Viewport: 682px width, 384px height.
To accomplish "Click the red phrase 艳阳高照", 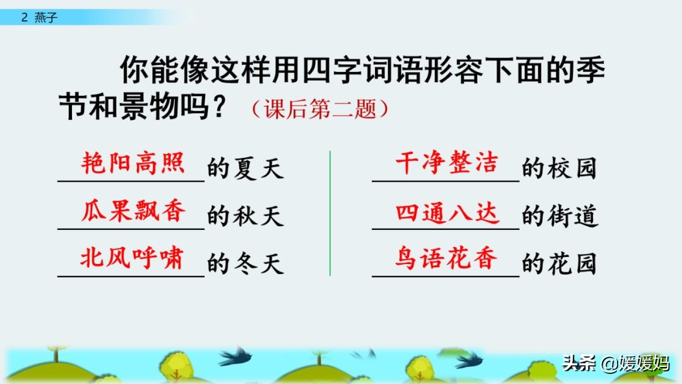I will [x=133, y=163].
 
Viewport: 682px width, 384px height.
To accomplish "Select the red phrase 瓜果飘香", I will [x=133, y=211].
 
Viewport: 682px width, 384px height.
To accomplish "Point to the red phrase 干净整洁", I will [x=446, y=163].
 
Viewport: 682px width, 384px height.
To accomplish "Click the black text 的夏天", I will [x=245, y=169].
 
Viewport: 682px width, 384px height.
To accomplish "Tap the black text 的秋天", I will [x=245, y=217].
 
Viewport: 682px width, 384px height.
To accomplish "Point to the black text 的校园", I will [x=559, y=169].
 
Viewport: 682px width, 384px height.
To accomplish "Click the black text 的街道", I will [x=559, y=217].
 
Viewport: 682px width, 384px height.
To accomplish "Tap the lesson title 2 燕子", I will [x=39, y=18].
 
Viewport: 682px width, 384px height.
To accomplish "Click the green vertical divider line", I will [x=330, y=213].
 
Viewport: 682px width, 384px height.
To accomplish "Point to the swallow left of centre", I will [x=235, y=356].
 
